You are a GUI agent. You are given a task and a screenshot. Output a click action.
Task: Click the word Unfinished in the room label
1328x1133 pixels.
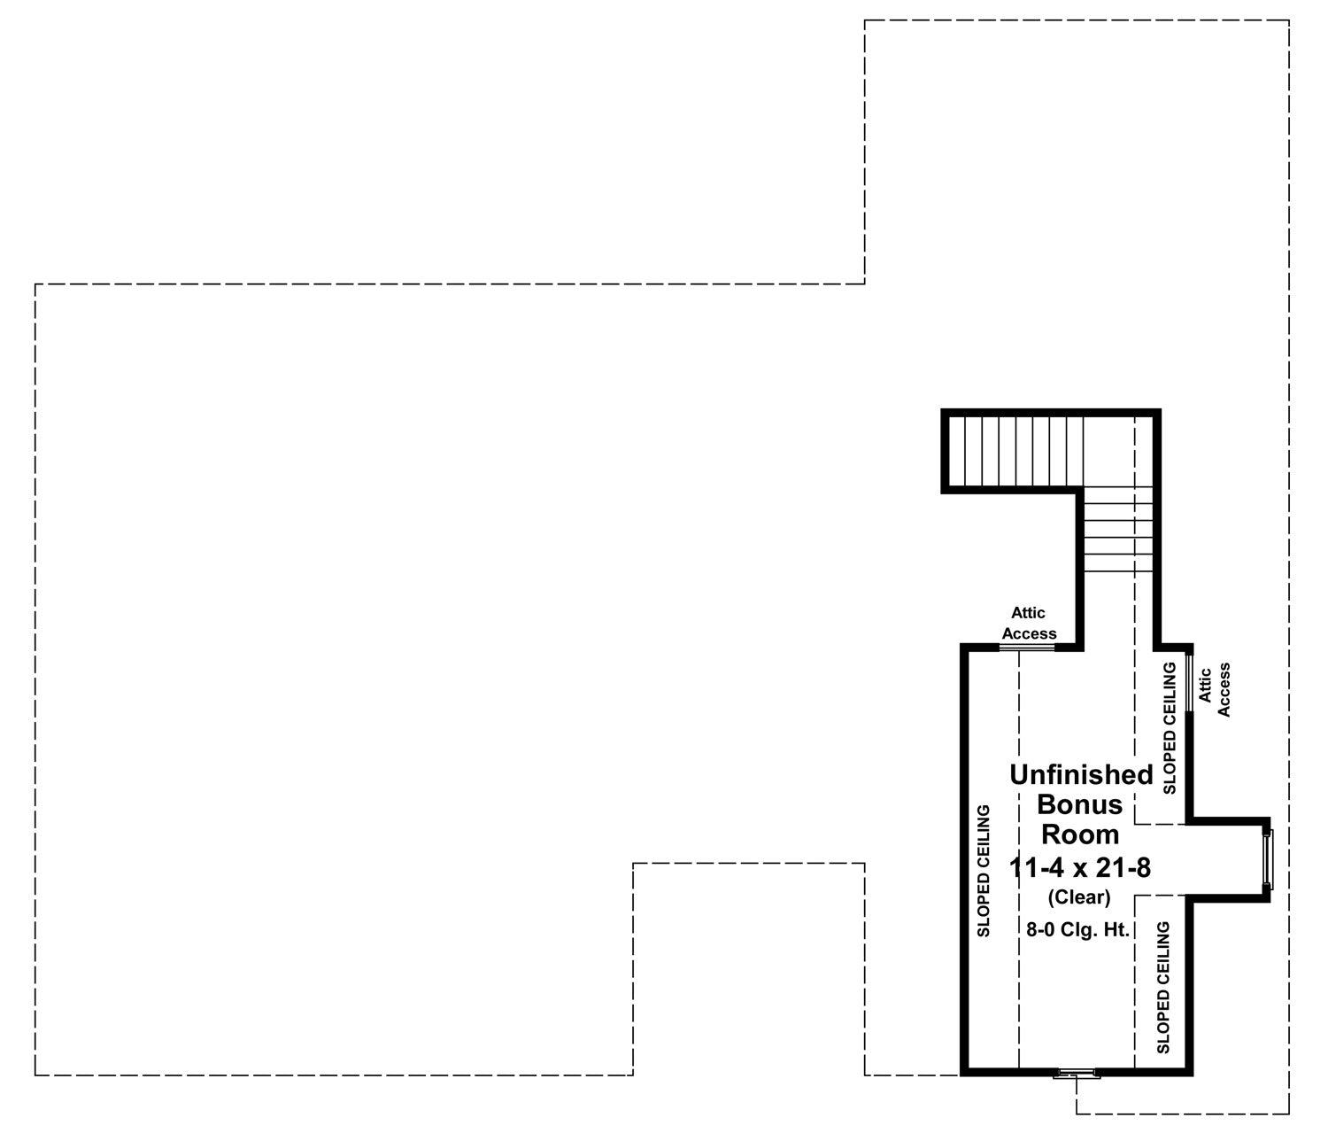(1081, 775)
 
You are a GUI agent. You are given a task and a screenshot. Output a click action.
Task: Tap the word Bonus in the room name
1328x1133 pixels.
(1079, 804)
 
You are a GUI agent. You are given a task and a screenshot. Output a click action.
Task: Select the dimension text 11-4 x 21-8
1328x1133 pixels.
(1080, 868)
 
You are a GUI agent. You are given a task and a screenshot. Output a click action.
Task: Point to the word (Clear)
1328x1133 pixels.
(1079, 896)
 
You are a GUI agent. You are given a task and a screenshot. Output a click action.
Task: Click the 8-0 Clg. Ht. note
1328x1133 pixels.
(1077, 930)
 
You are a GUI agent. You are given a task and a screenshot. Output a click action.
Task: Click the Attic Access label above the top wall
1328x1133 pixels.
(1029, 623)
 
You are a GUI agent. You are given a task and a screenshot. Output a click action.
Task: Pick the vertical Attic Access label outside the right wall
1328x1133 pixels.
(1214, 689)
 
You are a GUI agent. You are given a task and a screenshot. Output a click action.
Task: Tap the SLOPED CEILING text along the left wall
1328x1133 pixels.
(984, 871)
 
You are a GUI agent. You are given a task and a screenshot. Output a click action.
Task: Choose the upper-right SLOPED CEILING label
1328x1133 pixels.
(1170, 728)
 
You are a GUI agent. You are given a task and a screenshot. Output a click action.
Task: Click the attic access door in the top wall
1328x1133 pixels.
(1027, 648)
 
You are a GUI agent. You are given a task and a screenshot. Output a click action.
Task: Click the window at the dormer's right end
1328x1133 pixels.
(1268, 860)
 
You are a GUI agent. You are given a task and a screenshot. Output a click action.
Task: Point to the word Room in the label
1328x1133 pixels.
(1080, 834)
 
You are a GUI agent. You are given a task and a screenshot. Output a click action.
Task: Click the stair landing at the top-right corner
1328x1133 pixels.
(1118, 451)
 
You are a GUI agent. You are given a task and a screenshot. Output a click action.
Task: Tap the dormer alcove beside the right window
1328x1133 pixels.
(1227, 860)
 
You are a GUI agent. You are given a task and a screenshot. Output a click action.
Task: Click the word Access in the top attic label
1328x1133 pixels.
(1030, 633)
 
